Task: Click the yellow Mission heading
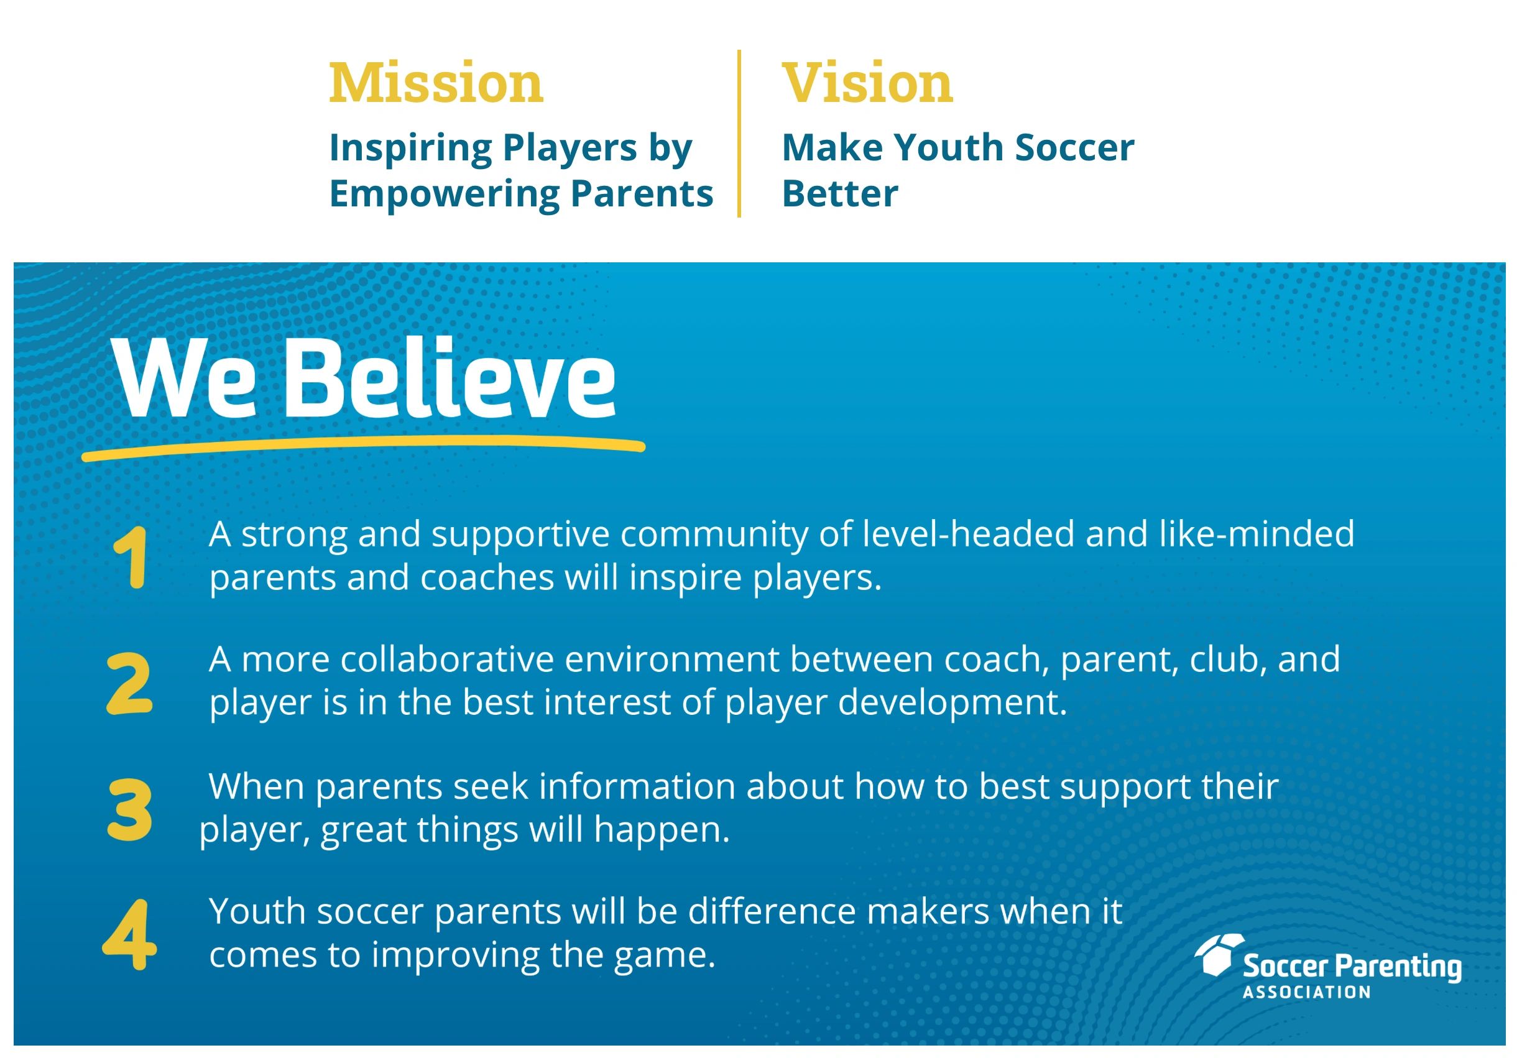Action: (436, 83)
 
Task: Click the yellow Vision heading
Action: (867, 83)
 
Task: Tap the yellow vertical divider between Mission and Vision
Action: (739, 133)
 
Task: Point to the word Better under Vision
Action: (840, 193)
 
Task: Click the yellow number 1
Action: (131, 558)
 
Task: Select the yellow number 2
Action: (129, 683)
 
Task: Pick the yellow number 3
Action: (129, 810)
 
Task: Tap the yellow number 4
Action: (129, 935)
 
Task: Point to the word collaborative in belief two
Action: (448, 660)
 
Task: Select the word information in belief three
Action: (637, 787)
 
